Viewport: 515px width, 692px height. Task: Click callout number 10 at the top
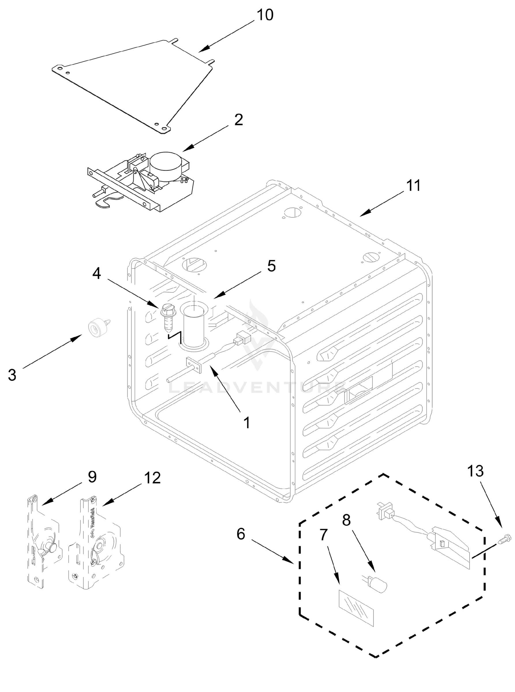pos(265,15)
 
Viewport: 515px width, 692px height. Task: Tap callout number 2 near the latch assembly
pos(239,120)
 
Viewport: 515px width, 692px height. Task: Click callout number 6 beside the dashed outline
pos(241,534)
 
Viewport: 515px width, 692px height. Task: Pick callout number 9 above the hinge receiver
pos(92,477)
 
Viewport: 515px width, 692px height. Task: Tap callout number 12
pos(152,478)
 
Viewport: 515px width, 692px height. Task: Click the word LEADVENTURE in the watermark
pos(257,388)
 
